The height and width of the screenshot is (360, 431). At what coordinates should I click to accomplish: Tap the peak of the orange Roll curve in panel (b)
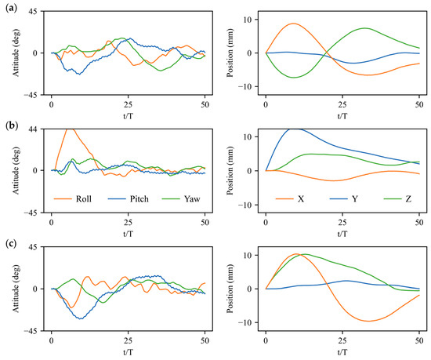(70, 129)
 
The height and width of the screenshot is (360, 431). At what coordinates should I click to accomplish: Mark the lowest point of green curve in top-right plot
(294, 78)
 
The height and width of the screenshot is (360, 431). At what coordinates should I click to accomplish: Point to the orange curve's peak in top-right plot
(293, 24)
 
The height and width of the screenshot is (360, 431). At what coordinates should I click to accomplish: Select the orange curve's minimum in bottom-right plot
(368, 321)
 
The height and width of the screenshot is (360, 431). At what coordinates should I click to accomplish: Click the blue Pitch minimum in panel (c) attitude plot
(80, 318)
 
